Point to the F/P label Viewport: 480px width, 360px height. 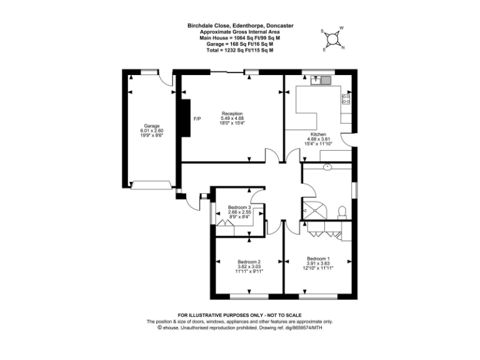point(197,119)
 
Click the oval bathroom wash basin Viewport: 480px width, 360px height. point(327,167)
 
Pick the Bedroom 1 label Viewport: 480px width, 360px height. point(317,258)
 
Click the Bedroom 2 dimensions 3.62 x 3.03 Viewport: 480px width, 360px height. point(249,267)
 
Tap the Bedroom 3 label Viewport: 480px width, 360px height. point(239,207)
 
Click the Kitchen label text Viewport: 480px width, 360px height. point(319,134)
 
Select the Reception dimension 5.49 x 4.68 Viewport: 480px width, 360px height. point(232,118)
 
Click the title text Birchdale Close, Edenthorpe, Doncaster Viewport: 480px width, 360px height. point(241,26)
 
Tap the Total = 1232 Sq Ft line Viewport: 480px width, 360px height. point(241,50)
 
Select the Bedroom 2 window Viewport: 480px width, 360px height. point(249,294)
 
